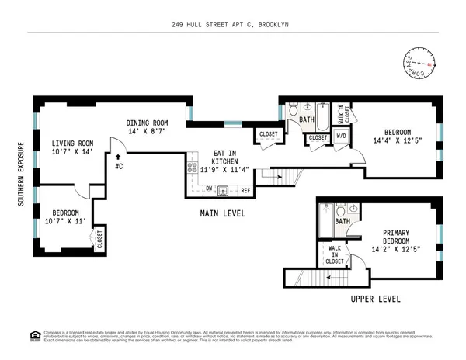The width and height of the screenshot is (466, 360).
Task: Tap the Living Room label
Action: pyautogui.click(x=72, y=147)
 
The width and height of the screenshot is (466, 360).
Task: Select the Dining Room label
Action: pyautogui.click(x=148, y=127)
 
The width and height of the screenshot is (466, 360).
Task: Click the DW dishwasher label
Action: pyautogui.click(x=210, y=189)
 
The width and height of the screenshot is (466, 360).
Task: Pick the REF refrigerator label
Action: pyautogui.click(x=245, y=189)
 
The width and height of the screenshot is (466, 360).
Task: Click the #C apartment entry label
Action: pyautogui.click(x=118, y=165)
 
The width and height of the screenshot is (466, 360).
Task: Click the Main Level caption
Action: pyautogui.click(x=223, y=213)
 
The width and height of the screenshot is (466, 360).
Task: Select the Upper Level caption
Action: pyautogui.click(x=375, y=297)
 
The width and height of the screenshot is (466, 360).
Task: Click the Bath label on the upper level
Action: pyautogui.click(x=343, y=221)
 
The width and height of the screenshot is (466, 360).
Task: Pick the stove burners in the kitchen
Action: pyautogui.click(x=190, y=167)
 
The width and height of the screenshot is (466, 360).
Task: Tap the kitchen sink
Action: pyautogui.click(x=224, y=189)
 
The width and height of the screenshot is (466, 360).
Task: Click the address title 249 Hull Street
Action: pyautogui.click(x=232, y=25)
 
